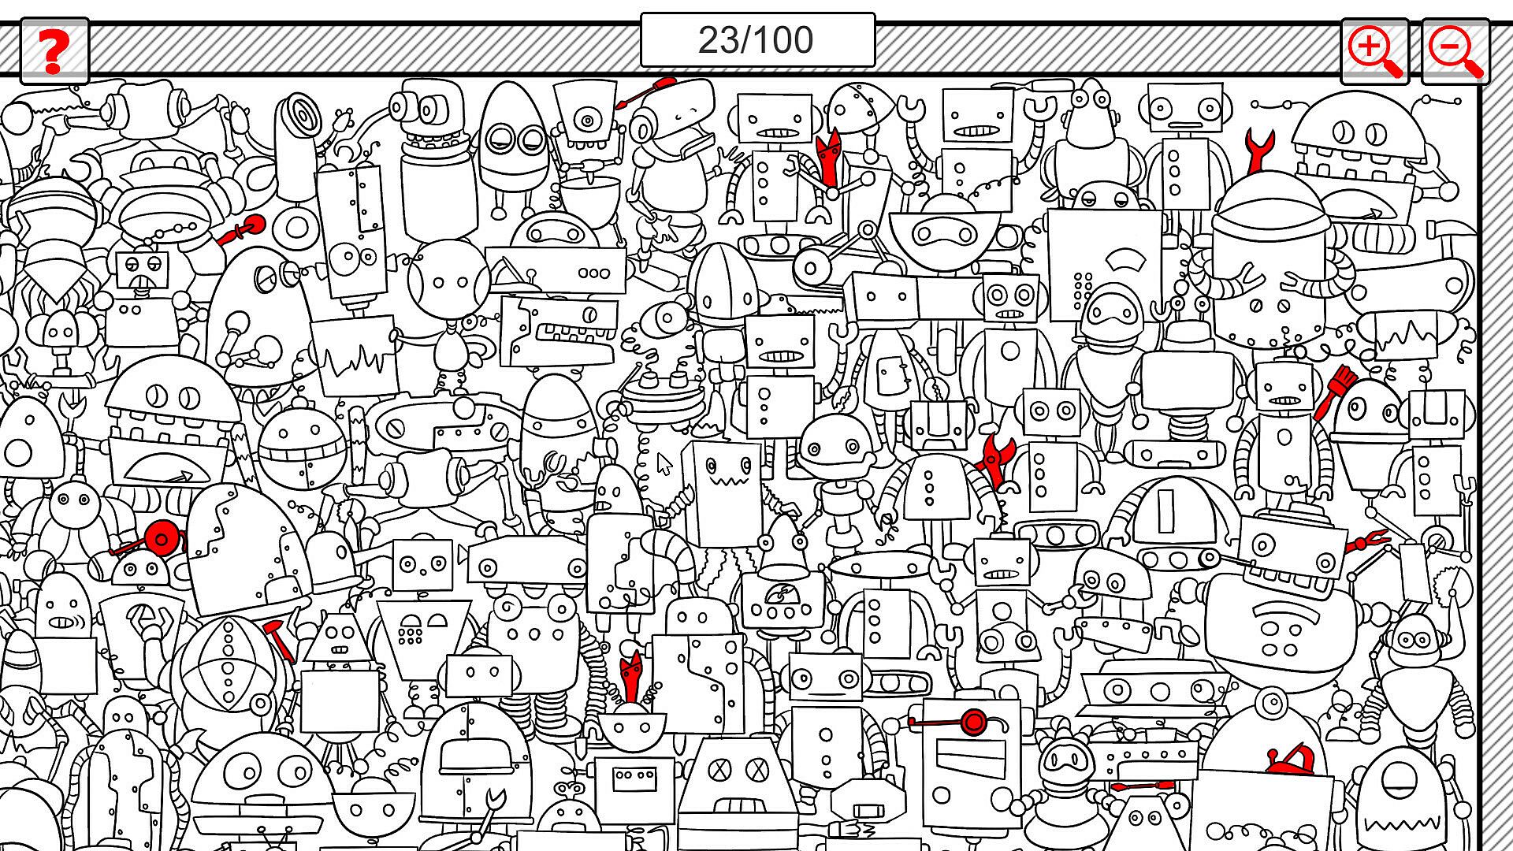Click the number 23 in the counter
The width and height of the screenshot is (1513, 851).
click(x=718, y=40)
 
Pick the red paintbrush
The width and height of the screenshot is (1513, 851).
click(x=1332, y=393)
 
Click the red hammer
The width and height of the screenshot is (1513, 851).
click(x=278, y=639)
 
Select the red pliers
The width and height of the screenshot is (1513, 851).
click(x=995, y=457)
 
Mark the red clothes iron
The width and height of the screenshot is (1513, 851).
click(x=1289, y=761)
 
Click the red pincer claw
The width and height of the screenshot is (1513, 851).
click(x=1368, y=542)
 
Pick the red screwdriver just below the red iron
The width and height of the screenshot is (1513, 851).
click(x=1143, y=786)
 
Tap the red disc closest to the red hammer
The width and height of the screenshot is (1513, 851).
click(x=162, y=539)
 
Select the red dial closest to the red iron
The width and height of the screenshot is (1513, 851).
click(x=974, y=721)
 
